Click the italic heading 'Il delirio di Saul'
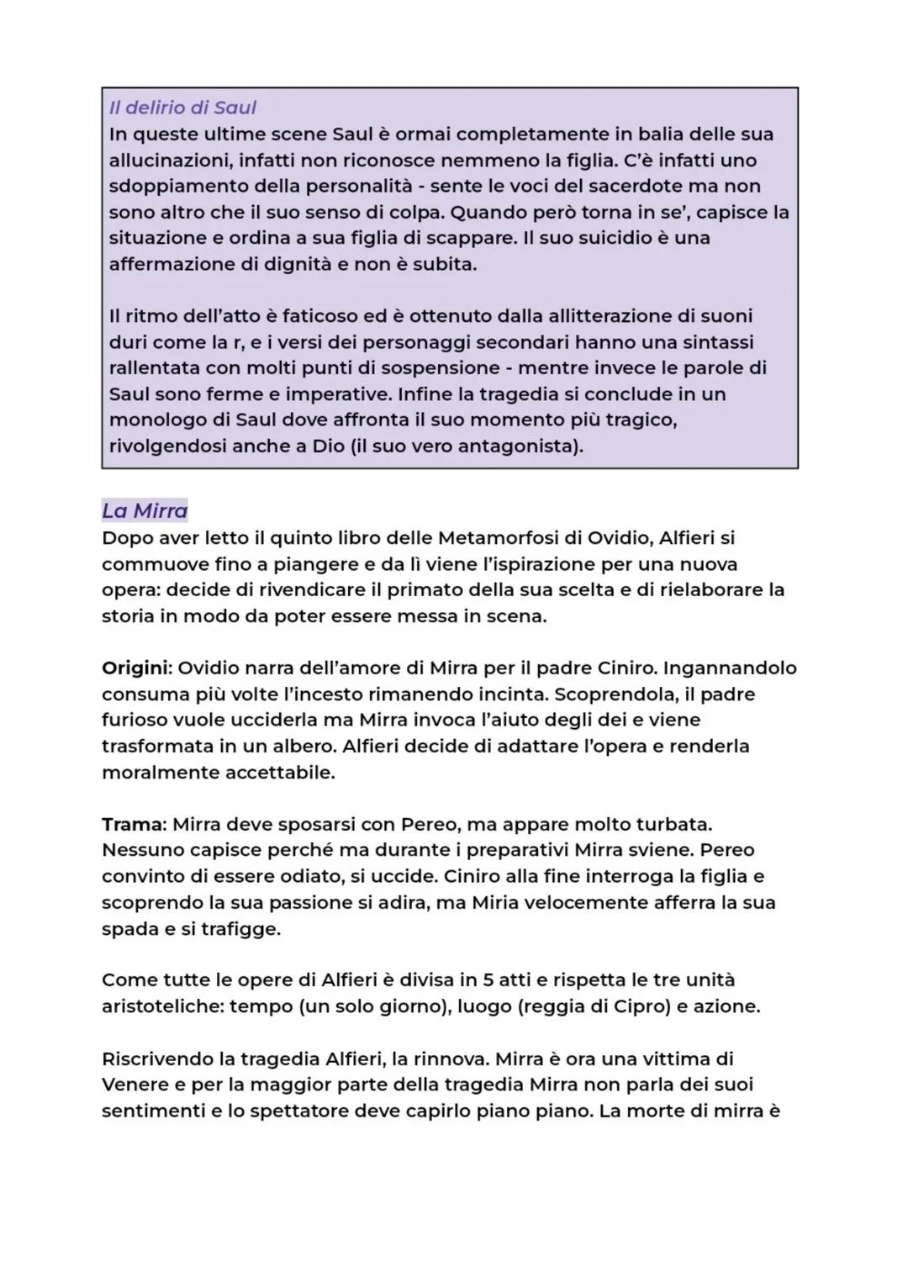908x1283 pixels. [182, 108]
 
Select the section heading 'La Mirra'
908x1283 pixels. [145, 510]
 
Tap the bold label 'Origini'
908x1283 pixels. [135, 668]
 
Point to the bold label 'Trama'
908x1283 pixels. [132, 824]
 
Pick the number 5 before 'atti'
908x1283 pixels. [489, 980]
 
